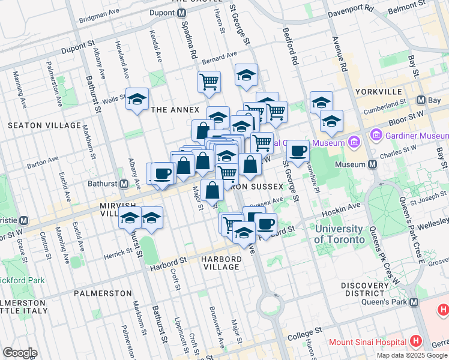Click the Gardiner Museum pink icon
click(378, 134)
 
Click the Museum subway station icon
click(373, 164)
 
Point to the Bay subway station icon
click(421, 100)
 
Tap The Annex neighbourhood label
click(175, 110)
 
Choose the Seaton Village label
click(44, 125)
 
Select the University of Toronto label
click(339, 234)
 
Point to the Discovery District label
click(366, 289)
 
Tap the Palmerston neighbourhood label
click(103, 293)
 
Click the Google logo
click(20, 353)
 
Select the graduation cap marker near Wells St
click(137, 98)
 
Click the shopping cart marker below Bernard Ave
click(209, 82)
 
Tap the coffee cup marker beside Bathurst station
click(162, 173)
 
